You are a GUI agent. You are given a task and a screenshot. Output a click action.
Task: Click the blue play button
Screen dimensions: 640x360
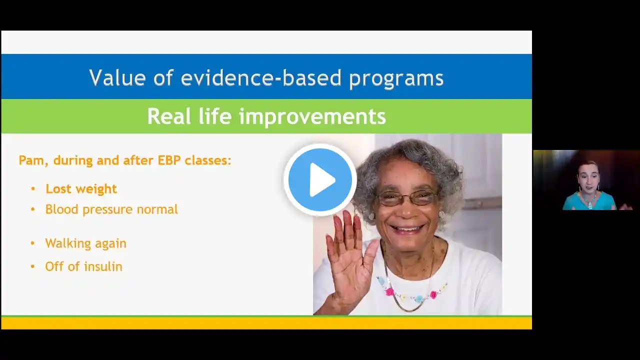[x=320, y=179]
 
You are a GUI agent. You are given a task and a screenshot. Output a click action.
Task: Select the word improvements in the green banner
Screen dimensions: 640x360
[x=312, y=116]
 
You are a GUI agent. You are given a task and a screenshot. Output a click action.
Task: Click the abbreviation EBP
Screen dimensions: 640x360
[x=169, y=160]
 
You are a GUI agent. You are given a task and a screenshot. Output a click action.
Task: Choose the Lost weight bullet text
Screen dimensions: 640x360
[x=81, y=189]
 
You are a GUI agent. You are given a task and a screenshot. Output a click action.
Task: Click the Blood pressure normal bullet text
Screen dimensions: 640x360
[x=111, y=209]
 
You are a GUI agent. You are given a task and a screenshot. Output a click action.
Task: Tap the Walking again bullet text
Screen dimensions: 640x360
[x=85, y=243]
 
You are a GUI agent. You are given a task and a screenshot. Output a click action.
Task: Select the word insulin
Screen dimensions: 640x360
[x=103, y=266]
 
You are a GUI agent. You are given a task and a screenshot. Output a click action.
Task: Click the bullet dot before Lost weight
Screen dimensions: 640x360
[x=33, y=189]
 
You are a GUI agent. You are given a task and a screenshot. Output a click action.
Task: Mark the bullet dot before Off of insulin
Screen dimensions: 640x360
[x=32, y=267]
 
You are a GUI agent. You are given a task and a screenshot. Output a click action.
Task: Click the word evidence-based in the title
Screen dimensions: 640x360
[x=261, y=77]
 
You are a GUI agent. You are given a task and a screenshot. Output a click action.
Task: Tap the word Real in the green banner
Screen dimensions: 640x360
[x=169, y=116]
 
